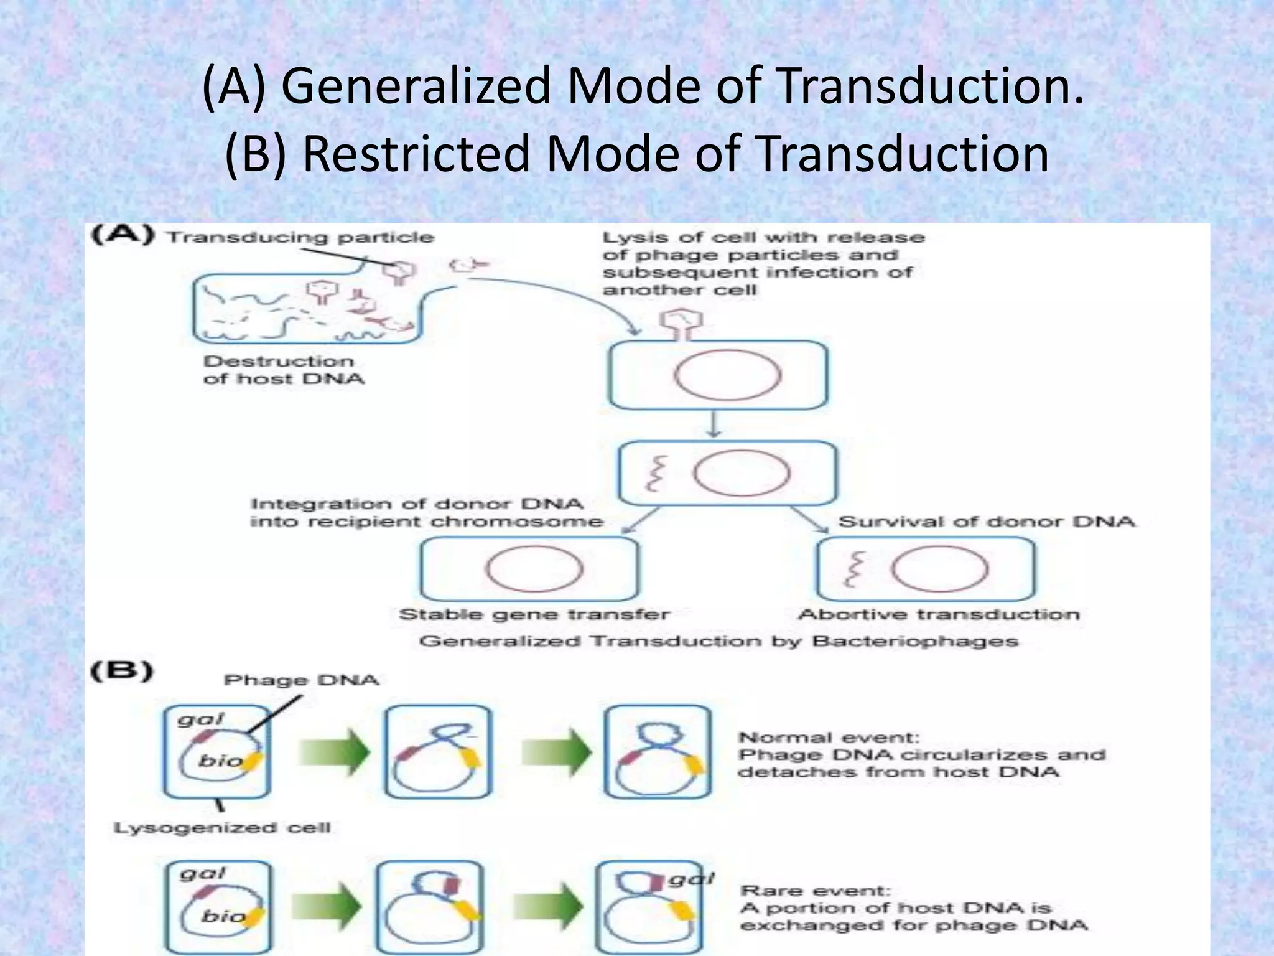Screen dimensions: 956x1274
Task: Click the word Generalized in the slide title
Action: coord(416,85)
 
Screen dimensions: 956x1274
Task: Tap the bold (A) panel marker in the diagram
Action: coord(123,236)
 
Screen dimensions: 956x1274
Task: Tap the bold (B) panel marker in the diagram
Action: coord(122,672)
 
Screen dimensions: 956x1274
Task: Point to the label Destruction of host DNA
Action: coord(284,370)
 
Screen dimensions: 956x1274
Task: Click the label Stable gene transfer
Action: coord(534,615)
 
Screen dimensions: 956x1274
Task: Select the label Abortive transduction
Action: coord(939,615)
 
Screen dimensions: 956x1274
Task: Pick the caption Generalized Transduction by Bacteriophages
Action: coord(718,642)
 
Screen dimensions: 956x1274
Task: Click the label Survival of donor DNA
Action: coord(987,522)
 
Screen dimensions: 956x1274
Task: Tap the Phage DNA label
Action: coord(302,680)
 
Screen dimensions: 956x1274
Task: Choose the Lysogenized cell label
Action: coord(222,828)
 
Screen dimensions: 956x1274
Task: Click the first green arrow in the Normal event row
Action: coord(333,752)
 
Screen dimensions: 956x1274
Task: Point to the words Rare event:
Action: coord(816,891)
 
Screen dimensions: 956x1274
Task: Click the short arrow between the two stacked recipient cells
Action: coord(715,426)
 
